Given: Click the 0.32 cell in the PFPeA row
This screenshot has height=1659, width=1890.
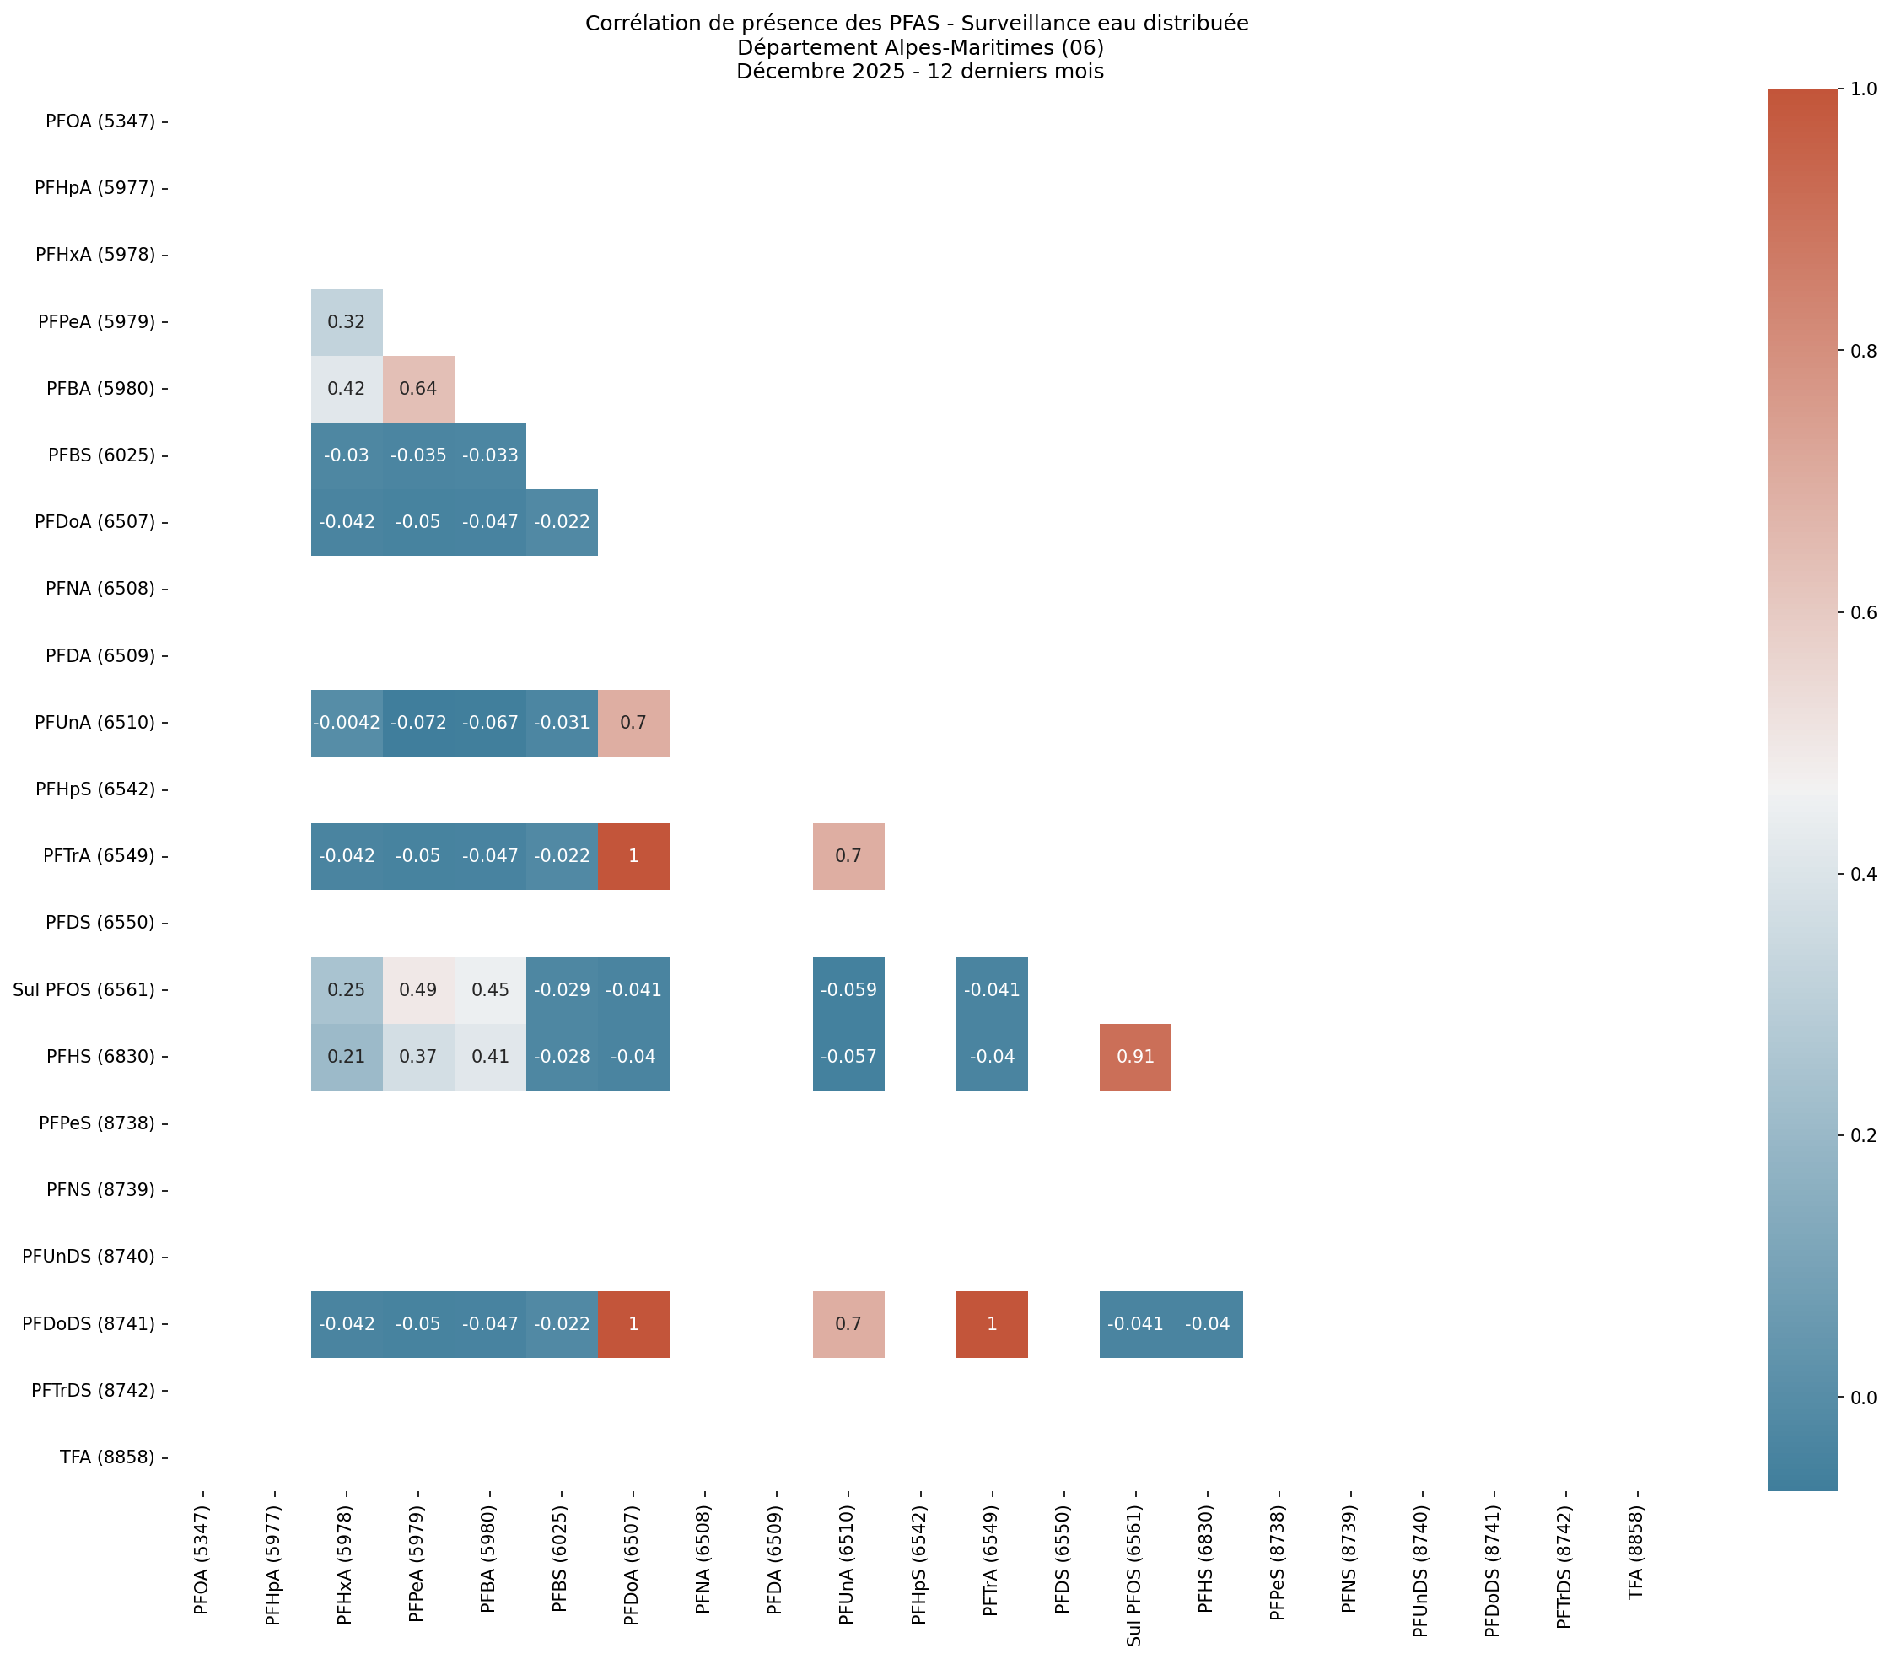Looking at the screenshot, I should (346, 322).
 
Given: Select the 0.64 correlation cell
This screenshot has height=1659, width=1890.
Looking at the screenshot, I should (418, 389).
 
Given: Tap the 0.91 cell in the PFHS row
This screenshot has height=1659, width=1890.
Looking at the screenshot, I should (1134, 1056).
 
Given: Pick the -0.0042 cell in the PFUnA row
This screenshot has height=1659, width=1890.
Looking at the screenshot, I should (346, 722).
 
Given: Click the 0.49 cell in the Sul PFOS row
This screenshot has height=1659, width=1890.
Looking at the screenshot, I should (418, 989).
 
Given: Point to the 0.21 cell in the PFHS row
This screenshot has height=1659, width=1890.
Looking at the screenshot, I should (346, 1056).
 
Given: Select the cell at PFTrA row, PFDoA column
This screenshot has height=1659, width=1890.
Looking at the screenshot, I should (633, 855).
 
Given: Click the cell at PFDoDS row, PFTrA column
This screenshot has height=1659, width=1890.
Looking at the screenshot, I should (991, 1323).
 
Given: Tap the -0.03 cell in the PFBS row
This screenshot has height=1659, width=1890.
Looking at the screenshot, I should (346, 455).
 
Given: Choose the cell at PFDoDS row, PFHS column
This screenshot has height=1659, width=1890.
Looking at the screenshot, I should (1207, 1323).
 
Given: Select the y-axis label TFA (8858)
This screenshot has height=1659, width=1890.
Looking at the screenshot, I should (107, 1457).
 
